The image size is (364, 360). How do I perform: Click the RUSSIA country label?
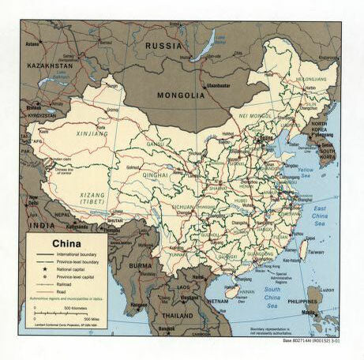[164, 47]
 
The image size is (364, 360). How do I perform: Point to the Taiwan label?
[315, 253]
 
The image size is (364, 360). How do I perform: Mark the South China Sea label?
[274, 295]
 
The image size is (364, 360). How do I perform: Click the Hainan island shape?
[232, 291]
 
